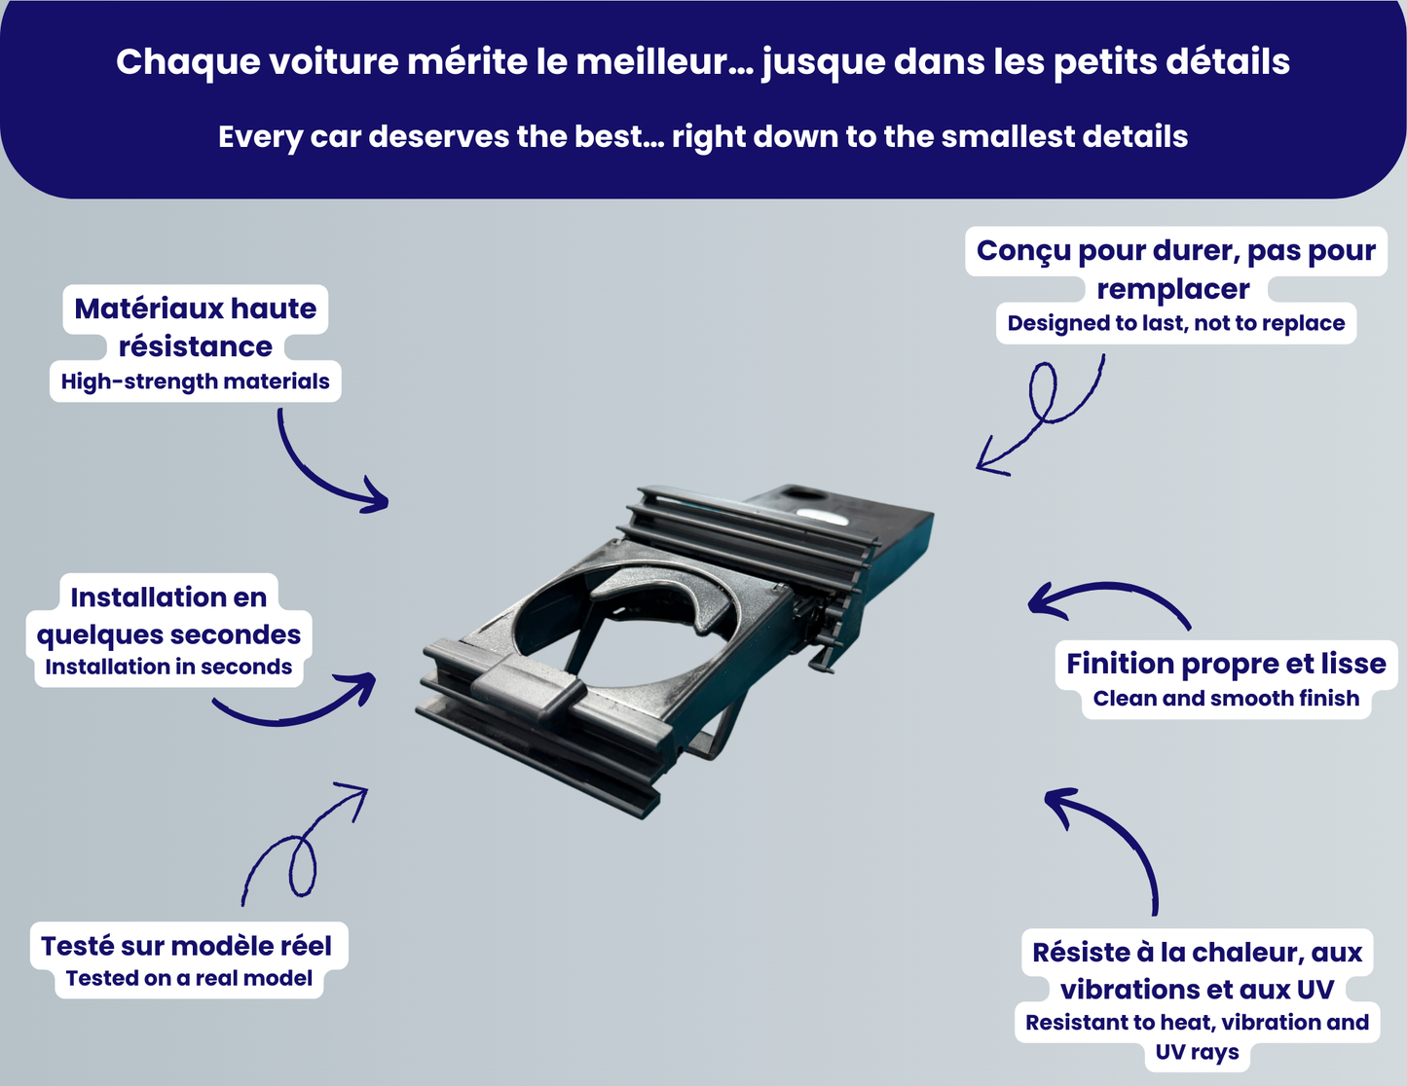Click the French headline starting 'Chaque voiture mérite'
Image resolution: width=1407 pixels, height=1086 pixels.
(703, 62)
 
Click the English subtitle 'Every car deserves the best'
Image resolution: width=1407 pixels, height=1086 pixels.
(703, 137)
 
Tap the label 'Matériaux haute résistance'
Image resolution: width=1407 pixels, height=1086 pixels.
(196, 327)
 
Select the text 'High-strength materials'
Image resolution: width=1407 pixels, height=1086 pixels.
(195, 381)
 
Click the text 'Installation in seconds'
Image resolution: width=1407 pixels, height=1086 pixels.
(168, 668)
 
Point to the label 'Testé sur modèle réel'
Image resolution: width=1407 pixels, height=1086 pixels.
(187, 945)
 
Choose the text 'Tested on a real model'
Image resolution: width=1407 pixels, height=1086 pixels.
(189, 979)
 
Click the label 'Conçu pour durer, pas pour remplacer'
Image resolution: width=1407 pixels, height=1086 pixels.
(1175, 269)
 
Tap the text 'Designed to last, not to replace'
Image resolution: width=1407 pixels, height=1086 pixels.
(1176, 324)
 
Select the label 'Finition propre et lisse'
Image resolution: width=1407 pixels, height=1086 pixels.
(1226, 664)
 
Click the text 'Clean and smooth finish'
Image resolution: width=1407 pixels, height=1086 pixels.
(1226, 699)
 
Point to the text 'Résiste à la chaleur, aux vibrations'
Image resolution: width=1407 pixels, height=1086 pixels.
(1197, 970)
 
